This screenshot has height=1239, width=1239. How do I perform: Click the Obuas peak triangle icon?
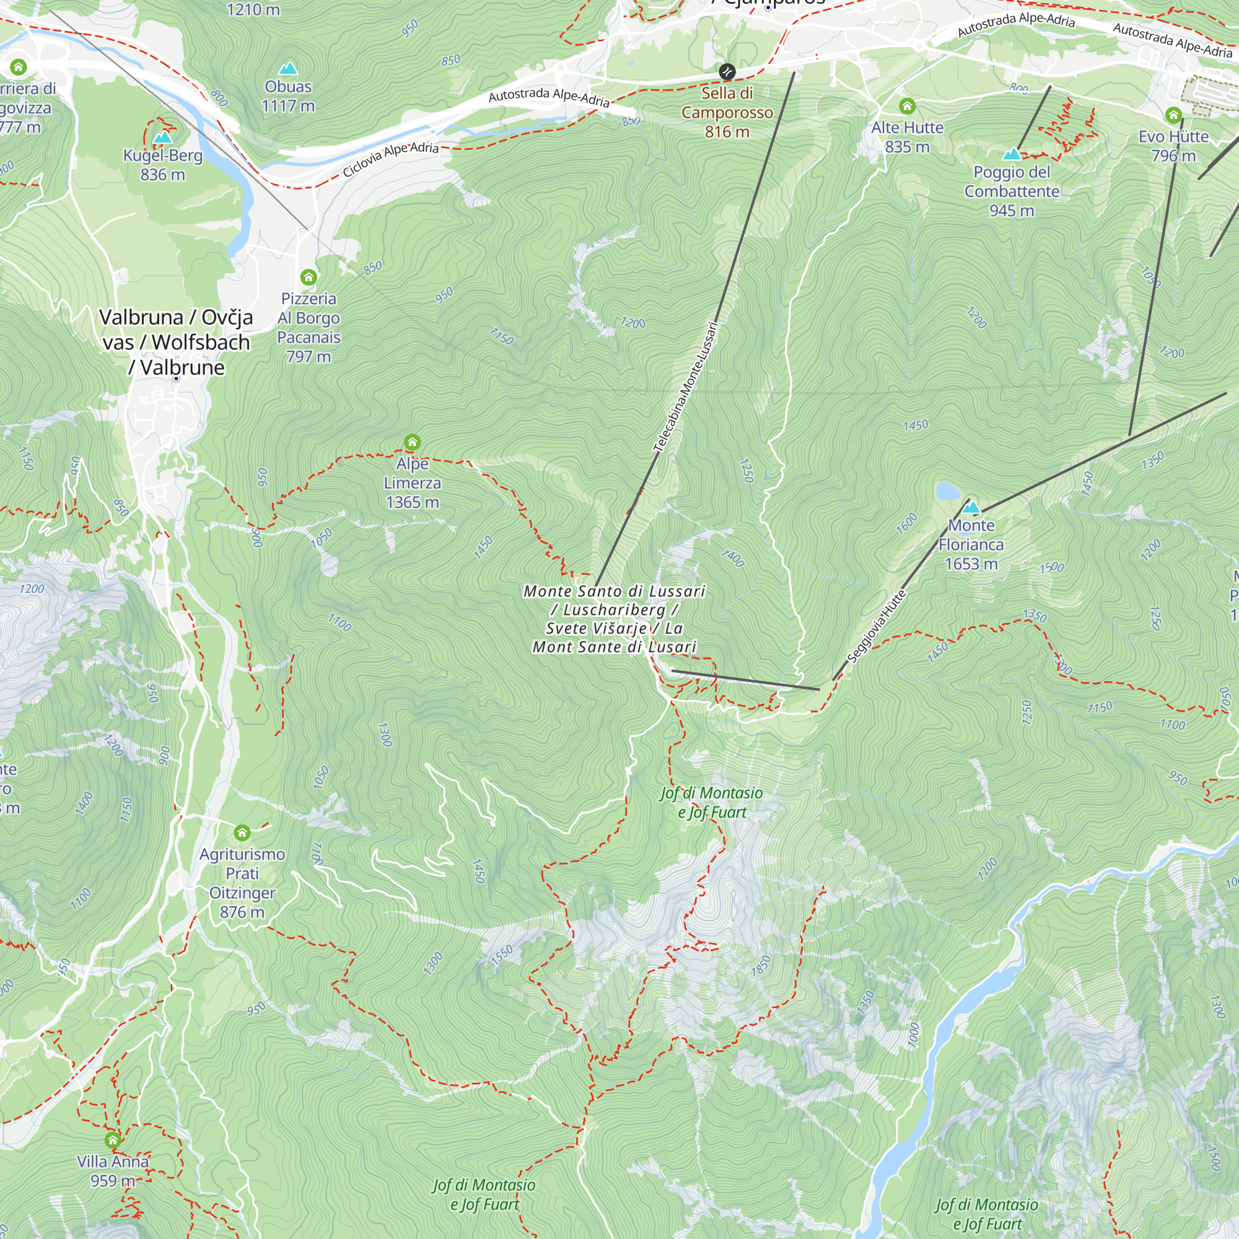point(288,68)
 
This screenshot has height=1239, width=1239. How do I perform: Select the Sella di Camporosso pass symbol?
point(727,71)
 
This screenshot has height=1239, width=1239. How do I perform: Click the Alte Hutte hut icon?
point(907,106)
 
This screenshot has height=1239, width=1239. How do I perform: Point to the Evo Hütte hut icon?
point(1173,115)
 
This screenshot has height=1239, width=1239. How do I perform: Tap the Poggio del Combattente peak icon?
point(1012,154)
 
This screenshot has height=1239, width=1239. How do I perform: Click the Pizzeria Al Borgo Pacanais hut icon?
point(309,277)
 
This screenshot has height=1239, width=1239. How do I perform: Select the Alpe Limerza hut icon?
point(413,442)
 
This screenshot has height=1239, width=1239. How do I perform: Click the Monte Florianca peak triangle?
point(971,507)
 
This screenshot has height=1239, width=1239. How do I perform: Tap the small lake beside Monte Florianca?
point(948,491)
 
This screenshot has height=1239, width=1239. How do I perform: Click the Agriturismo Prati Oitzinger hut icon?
point(242,833)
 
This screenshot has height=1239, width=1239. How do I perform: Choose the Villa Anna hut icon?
point(113,1140)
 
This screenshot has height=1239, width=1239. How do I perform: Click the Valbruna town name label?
point(176,342)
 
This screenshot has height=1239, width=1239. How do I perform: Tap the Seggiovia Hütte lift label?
point(876,626)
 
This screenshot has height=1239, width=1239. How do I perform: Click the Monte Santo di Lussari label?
point(615,619)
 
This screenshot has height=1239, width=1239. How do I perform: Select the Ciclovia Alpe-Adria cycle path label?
point(390,159)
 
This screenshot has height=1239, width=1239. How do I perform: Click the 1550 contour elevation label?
point(502,954)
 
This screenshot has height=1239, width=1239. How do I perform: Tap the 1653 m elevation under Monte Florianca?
point(971,564)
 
